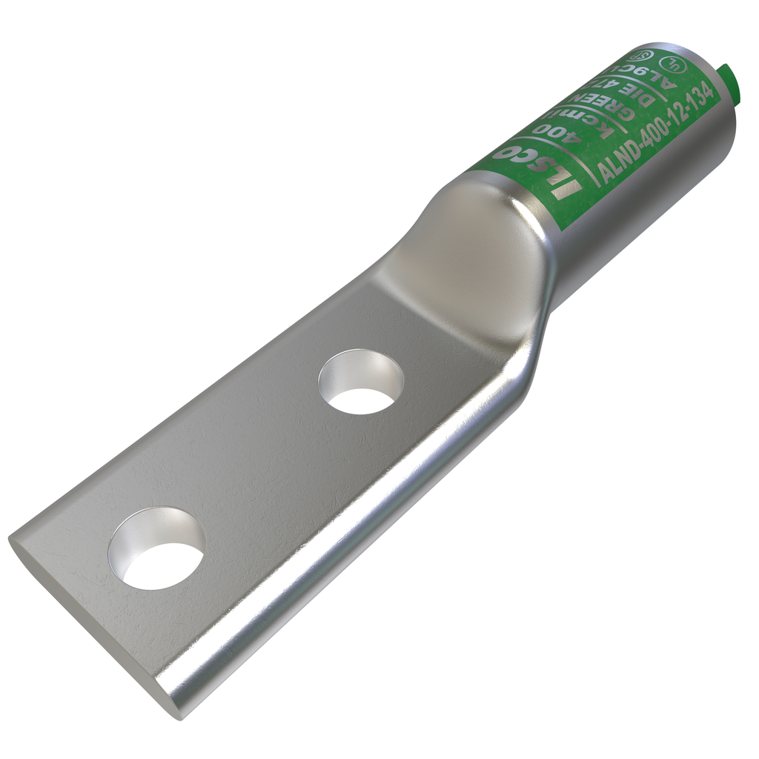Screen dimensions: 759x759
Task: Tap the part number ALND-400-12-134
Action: pyautogui.click(x=657, y=133)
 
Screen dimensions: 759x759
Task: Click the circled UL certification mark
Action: pyautogui.click(x=673, y=63)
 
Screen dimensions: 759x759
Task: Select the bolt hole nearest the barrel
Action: pyautogui.click(x=361, y=381)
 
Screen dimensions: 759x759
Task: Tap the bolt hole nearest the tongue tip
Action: pyautogui.click(x=156, y=547)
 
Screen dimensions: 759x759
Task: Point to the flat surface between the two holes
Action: pyautogui.click(x=259, y=460)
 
